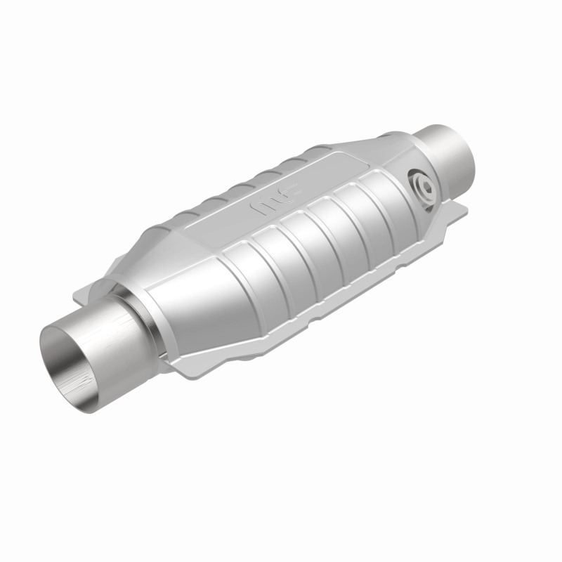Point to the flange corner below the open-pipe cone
(x=176, y=362)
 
